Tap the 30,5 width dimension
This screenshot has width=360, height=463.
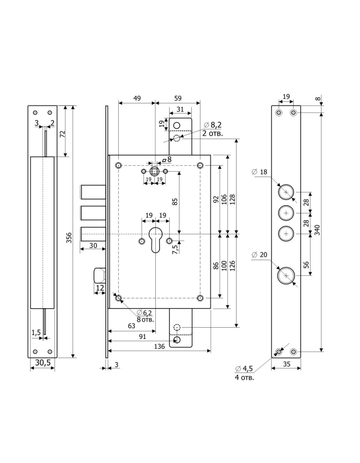click(x=42, y=363)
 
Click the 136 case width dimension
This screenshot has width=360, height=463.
click(x=159, y=347)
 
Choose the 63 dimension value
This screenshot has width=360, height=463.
click(x=132, y=326)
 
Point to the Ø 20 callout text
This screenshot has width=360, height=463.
click(x=260, y=255)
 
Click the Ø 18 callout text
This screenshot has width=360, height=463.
click(x=260, y=172)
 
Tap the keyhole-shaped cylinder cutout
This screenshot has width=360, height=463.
click(x=155, y=240)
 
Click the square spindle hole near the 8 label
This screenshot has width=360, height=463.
click(x=154, y=170)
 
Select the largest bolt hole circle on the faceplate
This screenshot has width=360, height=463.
click(x=284, y=276)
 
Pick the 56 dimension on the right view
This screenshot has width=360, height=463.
click(x=305, y=264)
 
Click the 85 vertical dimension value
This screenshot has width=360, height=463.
click(x=175, y=202)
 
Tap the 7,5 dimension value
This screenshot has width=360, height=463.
click(x=175, y=250)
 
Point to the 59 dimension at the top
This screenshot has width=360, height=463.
click(x=178, y=98)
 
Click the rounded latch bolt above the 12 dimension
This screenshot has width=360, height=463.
click(x=99, y=275)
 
